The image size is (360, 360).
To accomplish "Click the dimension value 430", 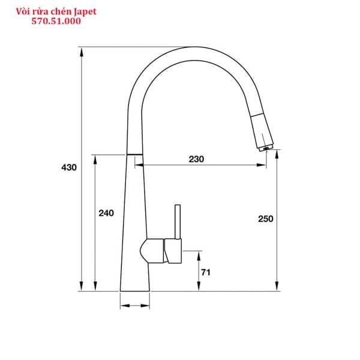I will (69, 167).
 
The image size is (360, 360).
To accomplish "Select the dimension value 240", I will (106, 213).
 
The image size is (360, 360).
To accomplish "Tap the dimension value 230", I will (196, 159).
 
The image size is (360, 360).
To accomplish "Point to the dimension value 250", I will (265, 218).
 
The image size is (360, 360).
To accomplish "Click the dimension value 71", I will (205, 272).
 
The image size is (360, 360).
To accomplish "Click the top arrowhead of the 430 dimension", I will (82, 51).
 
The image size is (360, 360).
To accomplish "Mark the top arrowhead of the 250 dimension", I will (276, 154).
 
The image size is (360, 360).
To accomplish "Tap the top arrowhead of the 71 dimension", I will (199, 254).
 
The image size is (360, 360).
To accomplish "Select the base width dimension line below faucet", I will (135, 306).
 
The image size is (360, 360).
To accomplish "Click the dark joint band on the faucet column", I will (134, 154).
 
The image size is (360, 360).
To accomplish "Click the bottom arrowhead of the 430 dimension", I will (82, 287).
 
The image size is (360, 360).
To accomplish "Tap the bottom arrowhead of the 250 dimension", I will (276, 287).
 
